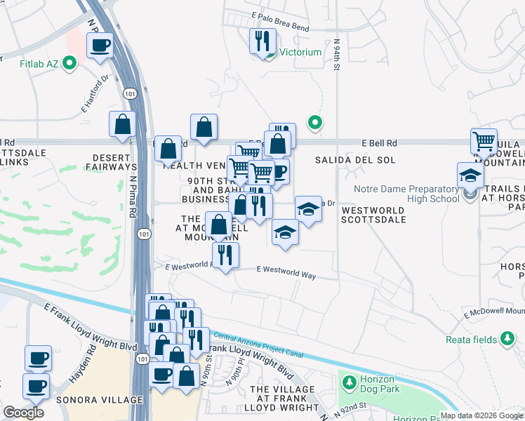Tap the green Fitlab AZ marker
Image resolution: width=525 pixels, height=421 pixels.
point(69,65)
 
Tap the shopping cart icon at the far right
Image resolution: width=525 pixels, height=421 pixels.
point(484,141)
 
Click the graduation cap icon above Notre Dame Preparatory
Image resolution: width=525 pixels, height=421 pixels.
point(470,175)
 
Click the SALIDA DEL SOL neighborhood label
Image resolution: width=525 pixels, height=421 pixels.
point(351,161)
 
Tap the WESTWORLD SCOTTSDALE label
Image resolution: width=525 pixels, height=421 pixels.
point(373,215)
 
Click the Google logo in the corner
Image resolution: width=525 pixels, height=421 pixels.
point(23,412)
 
